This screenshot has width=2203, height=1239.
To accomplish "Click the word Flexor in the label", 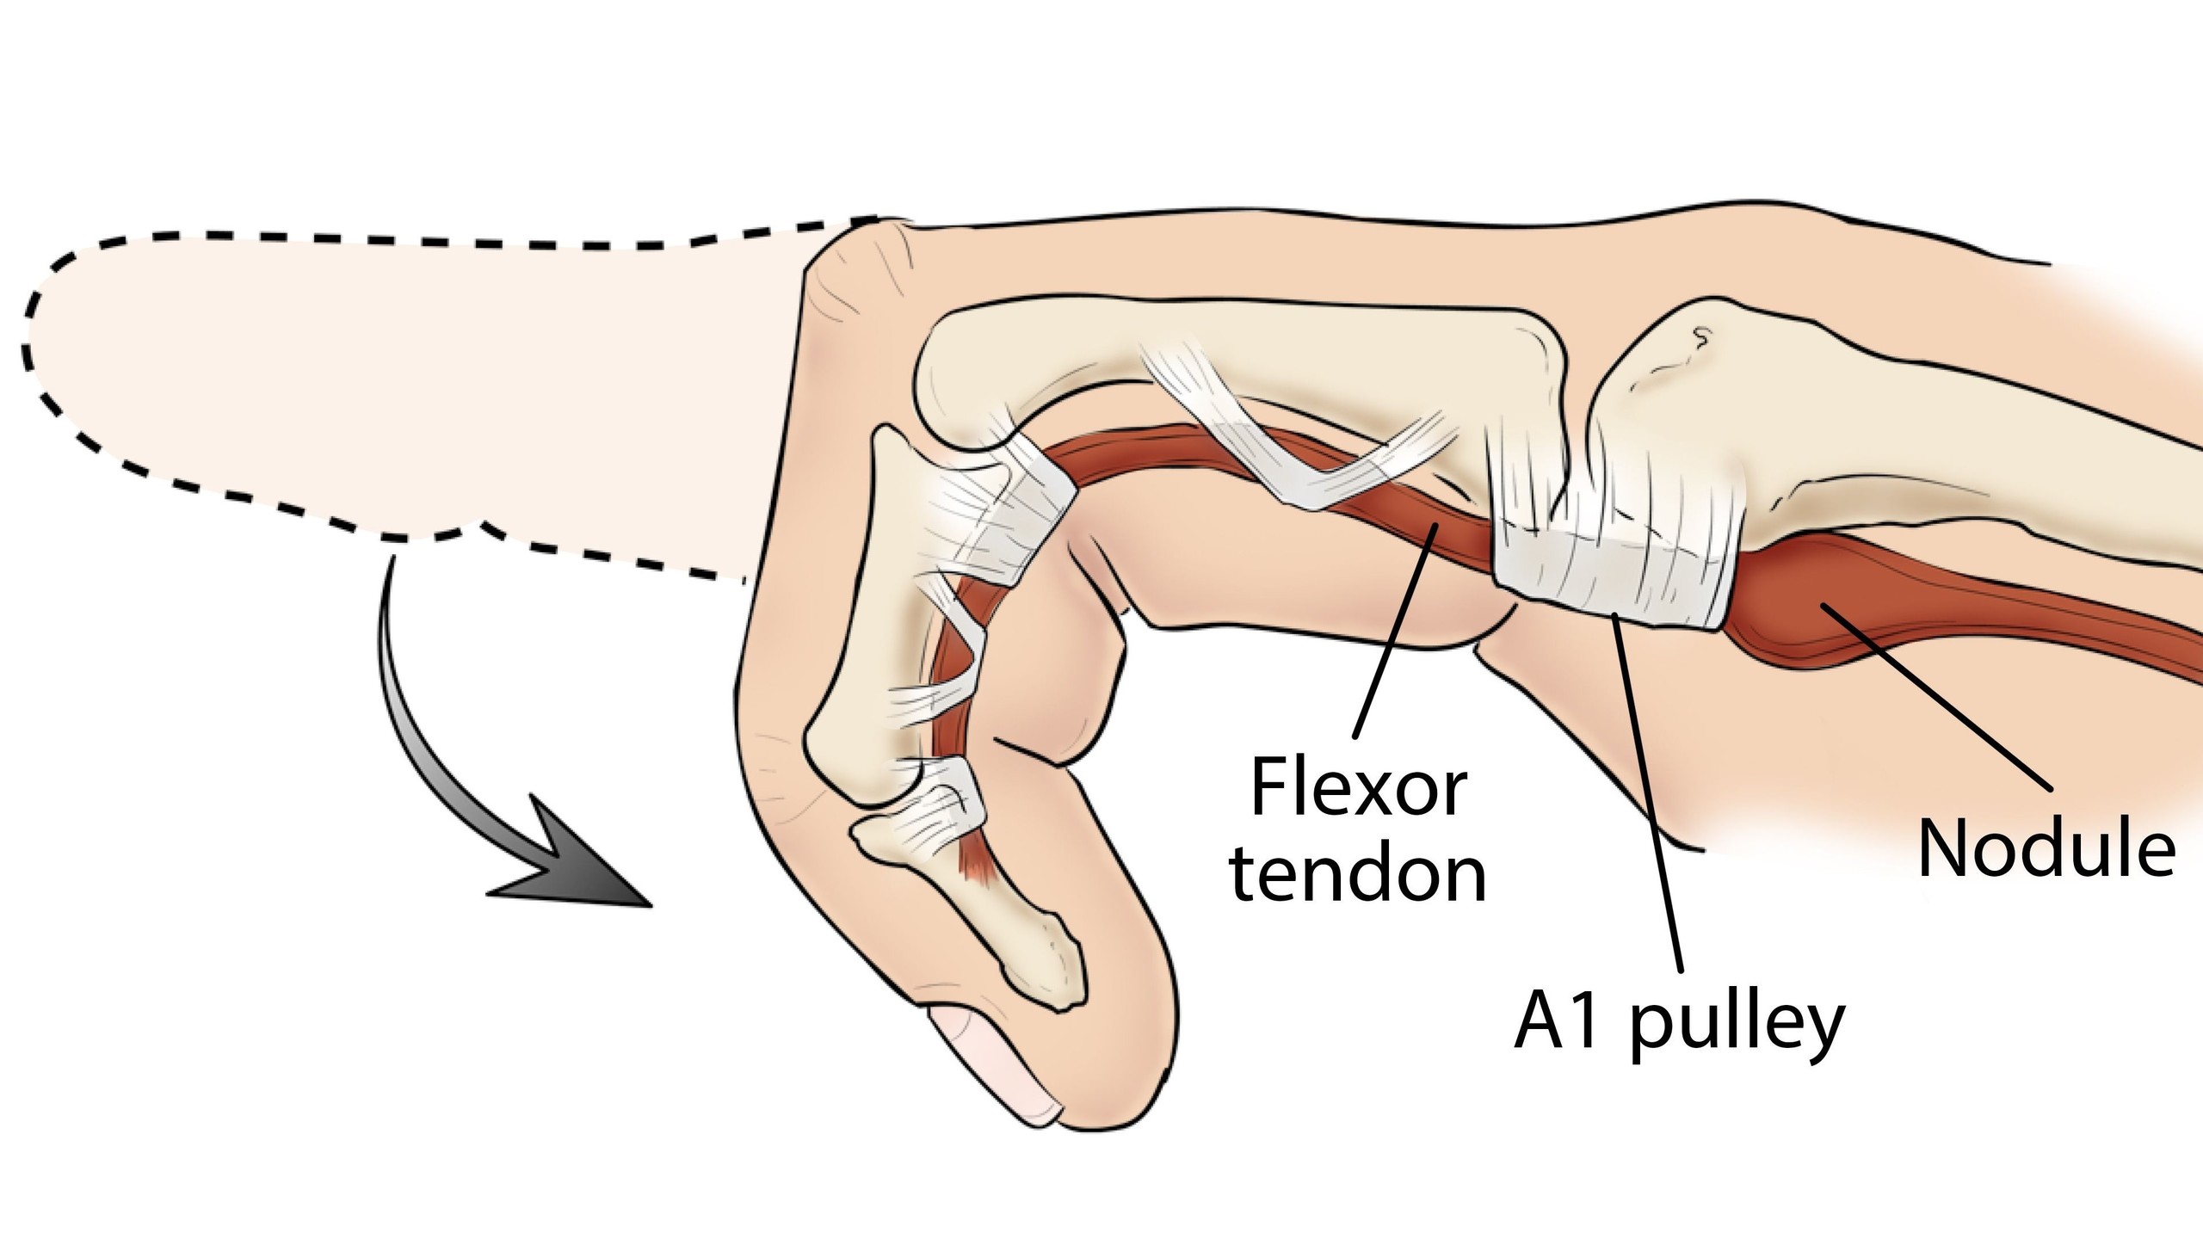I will pos(1357,788).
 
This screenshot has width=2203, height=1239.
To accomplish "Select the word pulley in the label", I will pos(1737,1025).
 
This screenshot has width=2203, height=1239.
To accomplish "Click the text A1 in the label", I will pos(1559,1022).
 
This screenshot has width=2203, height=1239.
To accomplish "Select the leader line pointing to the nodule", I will pos(1936,697).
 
